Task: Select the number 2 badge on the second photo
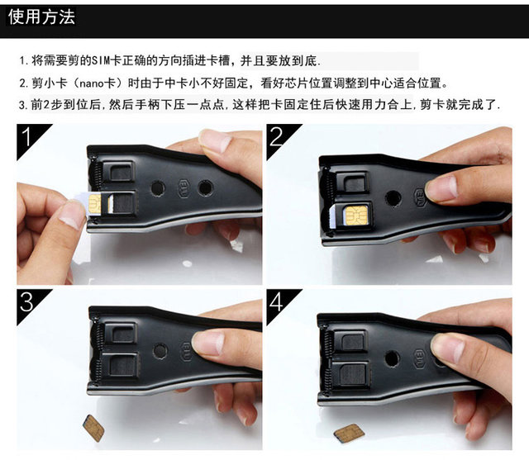(277, 137)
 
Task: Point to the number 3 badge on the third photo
(27, 302)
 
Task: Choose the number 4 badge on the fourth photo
(277, 304)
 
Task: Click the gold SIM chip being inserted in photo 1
(94, 203)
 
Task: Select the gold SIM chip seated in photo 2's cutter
(355, 214)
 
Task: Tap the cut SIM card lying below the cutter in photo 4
(350, 433)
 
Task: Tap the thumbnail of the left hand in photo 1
(74, 213)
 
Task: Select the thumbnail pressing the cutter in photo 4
(447, 349)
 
